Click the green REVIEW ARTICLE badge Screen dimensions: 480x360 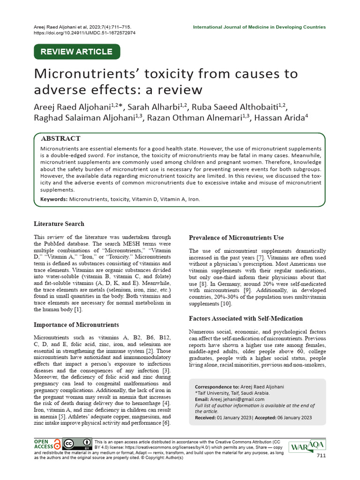(x=77, y=52)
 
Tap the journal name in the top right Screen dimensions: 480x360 (x=259, y=27)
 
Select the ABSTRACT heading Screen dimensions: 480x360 (x=61, y=139)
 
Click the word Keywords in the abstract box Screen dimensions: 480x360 (x=53, y=199)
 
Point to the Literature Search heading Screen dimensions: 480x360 (x=59, y=224)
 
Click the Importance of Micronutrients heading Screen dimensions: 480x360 (x=76, y=324)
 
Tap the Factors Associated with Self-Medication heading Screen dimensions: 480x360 (x=246, y=318)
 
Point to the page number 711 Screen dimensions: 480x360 (x=321, y=456)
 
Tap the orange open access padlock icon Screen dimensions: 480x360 (x=57, y=444)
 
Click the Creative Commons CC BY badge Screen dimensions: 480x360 (x=77, y=444)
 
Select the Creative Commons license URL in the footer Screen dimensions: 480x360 (x=168, y=448)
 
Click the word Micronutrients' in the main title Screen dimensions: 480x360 (x=89, y=74)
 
